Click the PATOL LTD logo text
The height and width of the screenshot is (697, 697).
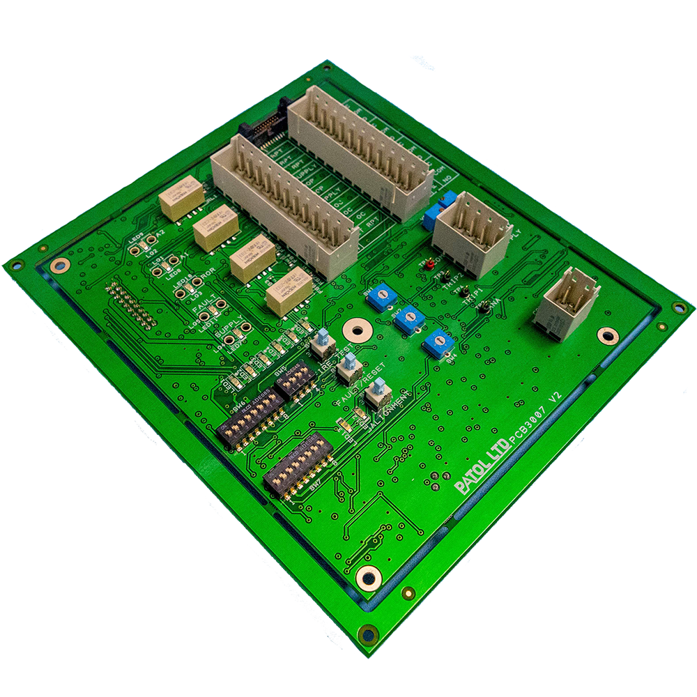pyautogui.click(x=480, y=472)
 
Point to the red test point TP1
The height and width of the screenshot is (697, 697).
pyautogui.click(x=430, y=265)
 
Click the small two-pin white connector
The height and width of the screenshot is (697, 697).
pyautogui.click(x=566, y=304)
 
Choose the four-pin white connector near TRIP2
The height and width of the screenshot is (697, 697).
pyautogui.click(x=473, y=233)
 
